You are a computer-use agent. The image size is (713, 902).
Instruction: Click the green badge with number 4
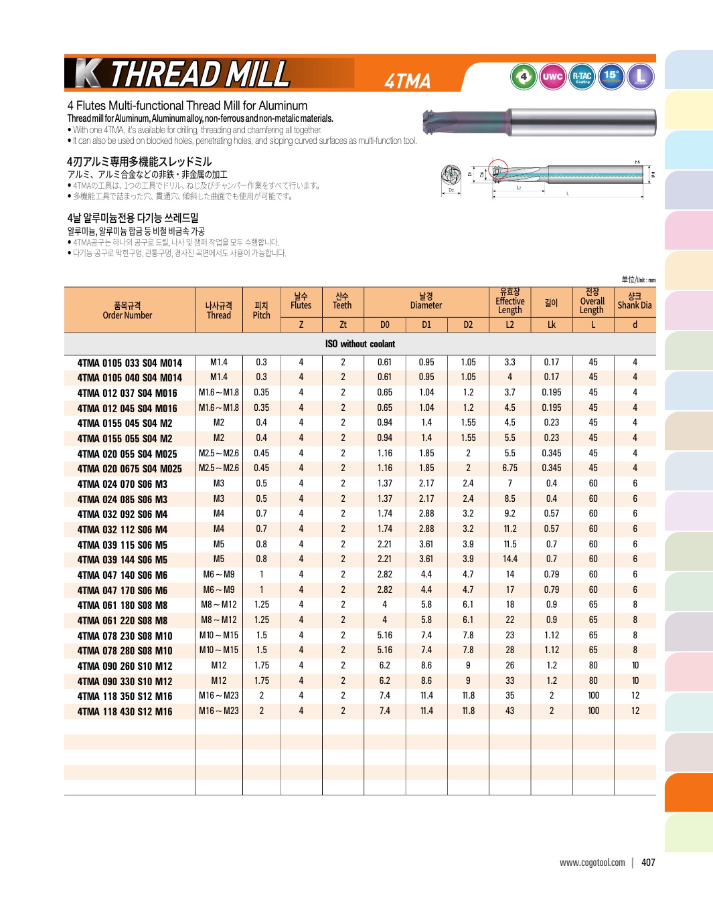pos(524,76)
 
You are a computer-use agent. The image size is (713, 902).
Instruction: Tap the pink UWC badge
pos(552,76)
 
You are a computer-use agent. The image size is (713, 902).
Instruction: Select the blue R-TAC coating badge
pos(582,76)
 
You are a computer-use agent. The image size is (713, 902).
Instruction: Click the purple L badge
pos(641,76)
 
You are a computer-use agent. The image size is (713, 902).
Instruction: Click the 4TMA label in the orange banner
pos(407,81)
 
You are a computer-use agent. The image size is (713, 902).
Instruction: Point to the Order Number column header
pos(127,310)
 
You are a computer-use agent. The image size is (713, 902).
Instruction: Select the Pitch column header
pos(261,310)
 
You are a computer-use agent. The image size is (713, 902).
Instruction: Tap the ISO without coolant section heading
pos(360,344)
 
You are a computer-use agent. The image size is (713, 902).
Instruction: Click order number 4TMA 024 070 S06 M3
pos(123,484)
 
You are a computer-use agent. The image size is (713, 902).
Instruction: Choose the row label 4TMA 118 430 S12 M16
pos(125,712)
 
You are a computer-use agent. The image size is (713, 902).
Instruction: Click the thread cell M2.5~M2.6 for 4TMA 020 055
pos(218,454)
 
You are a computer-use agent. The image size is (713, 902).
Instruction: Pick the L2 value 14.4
pos(509,559)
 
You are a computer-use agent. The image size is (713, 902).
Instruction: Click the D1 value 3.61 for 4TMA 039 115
pos(426,544)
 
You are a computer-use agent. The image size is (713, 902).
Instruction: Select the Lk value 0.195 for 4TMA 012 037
pos(551,393)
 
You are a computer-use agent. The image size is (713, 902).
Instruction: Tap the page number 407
pos(648,863)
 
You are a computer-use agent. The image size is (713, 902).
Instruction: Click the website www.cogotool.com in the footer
pos(592,863)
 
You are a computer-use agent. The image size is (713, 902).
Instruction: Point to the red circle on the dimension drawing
pos(497,169)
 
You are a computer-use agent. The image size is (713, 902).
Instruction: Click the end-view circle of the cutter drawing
pos(451,176)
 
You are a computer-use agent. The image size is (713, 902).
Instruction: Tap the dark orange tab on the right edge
pos(689,792)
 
